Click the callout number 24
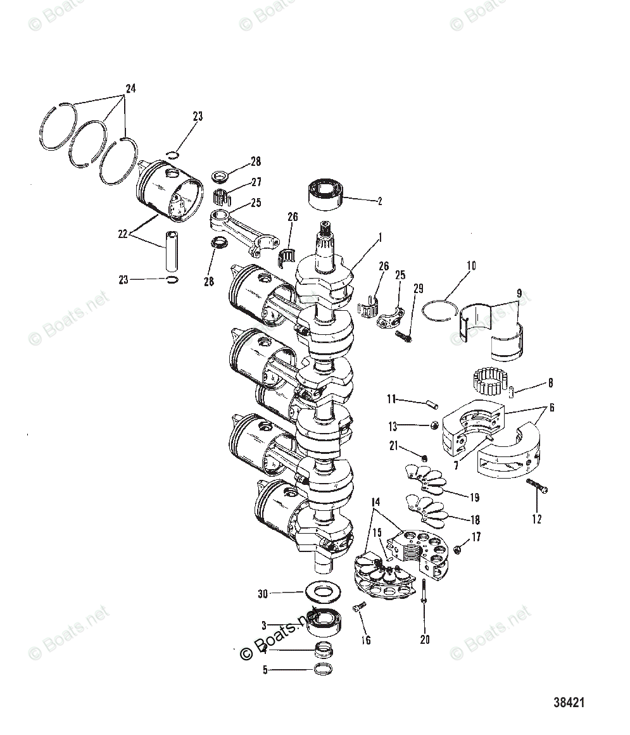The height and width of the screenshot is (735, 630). [x=130, y=89]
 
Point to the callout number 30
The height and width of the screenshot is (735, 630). [x=263, y=594]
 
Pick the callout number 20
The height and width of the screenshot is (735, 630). [x=424, y=639]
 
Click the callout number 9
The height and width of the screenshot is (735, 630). [x=519, y=293]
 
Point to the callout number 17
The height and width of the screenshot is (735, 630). [x=476, y=537]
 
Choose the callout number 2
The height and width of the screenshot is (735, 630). [x=379, y=202]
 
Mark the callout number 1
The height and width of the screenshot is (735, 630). [x=380, y=239]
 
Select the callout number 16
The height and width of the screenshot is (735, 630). [x=365, y=640]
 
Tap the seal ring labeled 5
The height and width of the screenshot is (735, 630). [x=324, y=669]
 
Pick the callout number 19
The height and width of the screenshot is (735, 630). [x=474, y=498]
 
